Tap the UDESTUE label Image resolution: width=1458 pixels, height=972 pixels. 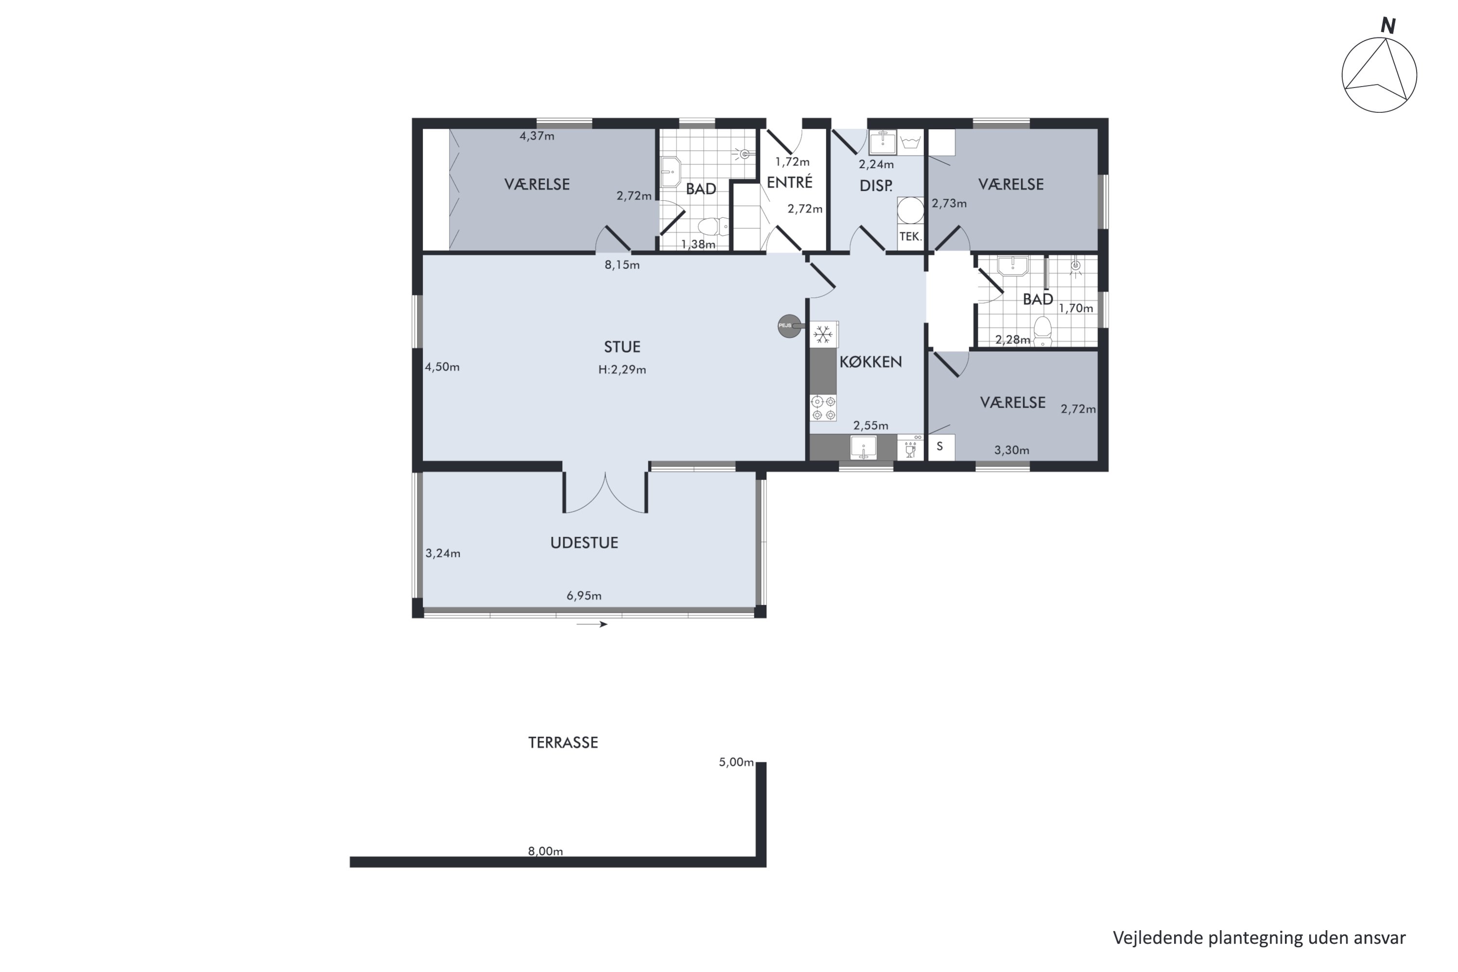click(584, 542)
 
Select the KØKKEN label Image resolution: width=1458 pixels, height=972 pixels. click(870, 362)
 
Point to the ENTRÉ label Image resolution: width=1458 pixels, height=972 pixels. click(789, 182)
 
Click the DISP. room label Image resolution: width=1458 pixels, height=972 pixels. click(876, 185)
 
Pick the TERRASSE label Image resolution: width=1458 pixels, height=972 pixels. click(563, 743)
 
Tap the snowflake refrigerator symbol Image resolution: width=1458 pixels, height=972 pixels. click(823, 335)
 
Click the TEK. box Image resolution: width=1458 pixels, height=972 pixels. click(910, 236)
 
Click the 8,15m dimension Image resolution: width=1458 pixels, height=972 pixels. click(622, 265)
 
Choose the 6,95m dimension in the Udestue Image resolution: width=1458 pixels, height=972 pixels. click(584, 596)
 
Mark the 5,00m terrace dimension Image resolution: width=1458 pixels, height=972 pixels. click(736, 762)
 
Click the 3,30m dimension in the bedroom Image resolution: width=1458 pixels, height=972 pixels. click(1012, 451)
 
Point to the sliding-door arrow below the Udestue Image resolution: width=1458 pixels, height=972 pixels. click(592, 624)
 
